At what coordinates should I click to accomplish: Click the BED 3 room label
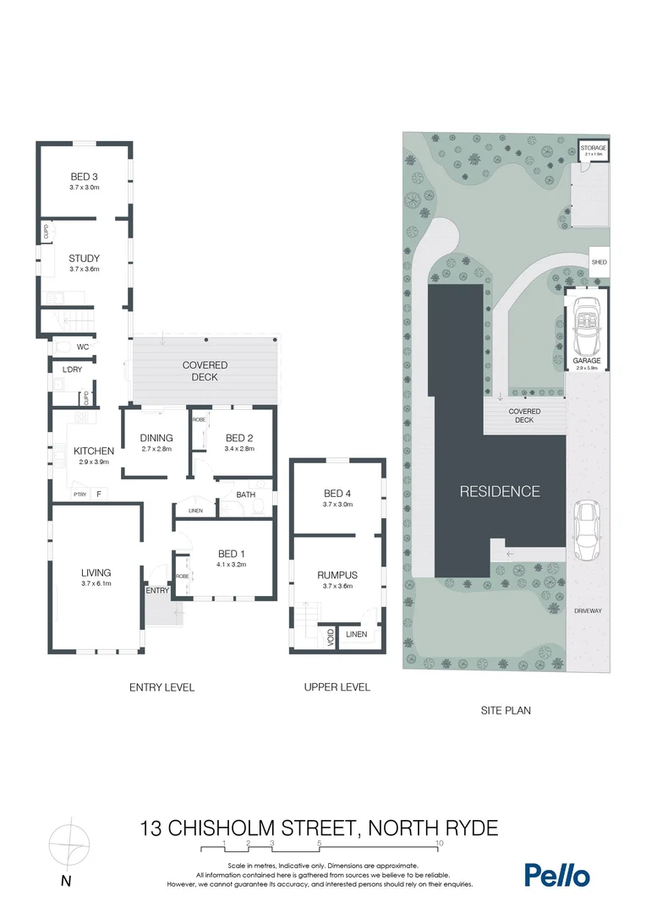(x=85, y=176)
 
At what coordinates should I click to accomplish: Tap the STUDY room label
(x=85, y=259)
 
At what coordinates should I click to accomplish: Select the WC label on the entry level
(x=83, y=347)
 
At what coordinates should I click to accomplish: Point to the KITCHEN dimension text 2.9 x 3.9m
(x=93, y=462)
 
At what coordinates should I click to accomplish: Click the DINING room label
(x=156, y=438)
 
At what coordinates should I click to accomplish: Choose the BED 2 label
(x=239, y=438)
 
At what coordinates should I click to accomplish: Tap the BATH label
(x=246, y=495)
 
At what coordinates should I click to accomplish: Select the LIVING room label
(x=96, y=572)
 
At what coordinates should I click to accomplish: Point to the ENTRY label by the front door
(x=157, y=591)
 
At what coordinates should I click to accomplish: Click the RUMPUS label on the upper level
(x=338, y=575)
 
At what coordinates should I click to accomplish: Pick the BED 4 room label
(x=338, y=494)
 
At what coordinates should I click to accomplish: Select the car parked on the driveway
(x=587, y=531)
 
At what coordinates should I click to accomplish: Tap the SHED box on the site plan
(x=599, y=263)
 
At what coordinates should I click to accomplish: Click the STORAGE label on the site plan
(x=594, y=148)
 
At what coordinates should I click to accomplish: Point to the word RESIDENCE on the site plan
(x=499, y=491)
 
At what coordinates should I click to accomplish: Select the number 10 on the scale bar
(x=439, y=844)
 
